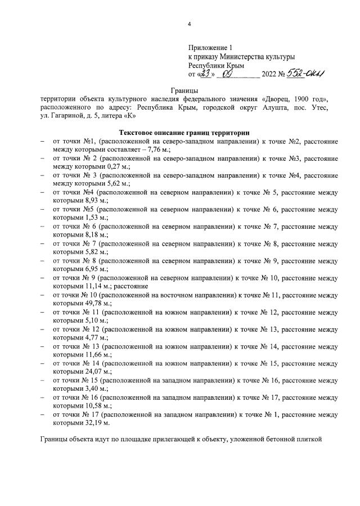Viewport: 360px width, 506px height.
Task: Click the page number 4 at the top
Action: coord(190,24)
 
